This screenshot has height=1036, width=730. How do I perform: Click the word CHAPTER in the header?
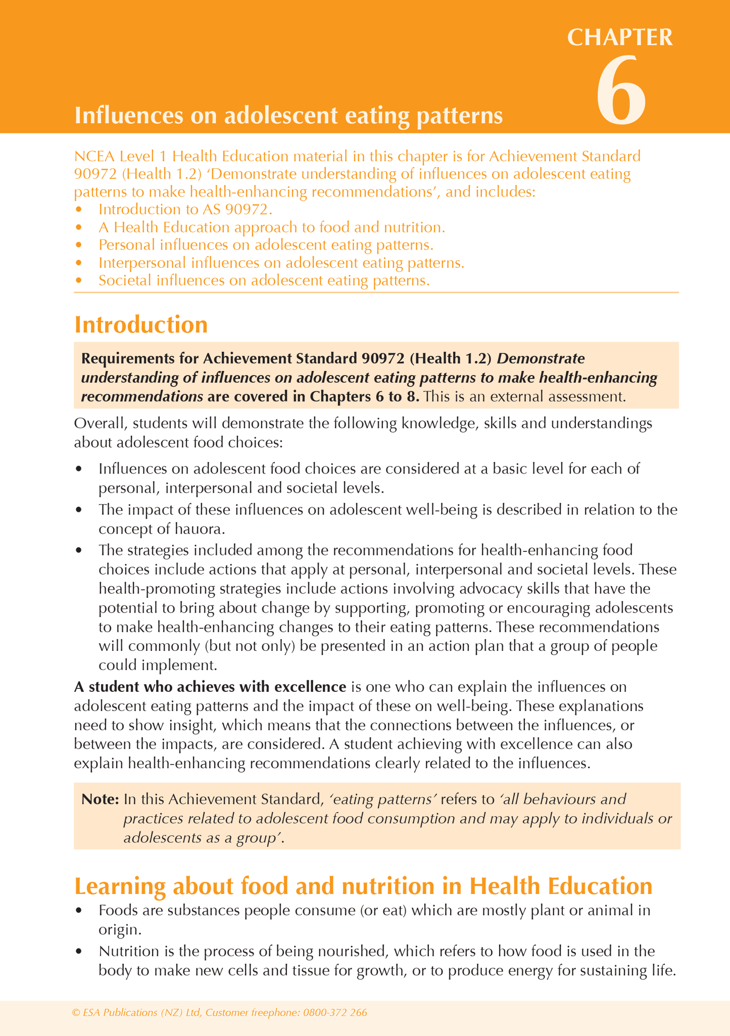620,37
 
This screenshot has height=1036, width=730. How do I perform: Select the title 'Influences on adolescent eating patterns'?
288,116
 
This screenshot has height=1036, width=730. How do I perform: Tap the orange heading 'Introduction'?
141,325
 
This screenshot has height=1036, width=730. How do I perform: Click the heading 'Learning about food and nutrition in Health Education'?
363,886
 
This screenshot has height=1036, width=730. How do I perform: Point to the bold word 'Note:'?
100,799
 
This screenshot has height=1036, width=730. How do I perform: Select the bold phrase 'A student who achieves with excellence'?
210,687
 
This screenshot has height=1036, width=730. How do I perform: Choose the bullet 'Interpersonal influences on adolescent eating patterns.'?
281,263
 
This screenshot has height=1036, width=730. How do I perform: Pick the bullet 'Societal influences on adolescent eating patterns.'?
264,280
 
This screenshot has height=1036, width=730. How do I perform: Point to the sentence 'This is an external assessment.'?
525,396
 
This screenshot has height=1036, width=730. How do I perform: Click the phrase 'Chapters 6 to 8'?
364,396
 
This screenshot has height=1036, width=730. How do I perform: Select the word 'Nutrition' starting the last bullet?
129,951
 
